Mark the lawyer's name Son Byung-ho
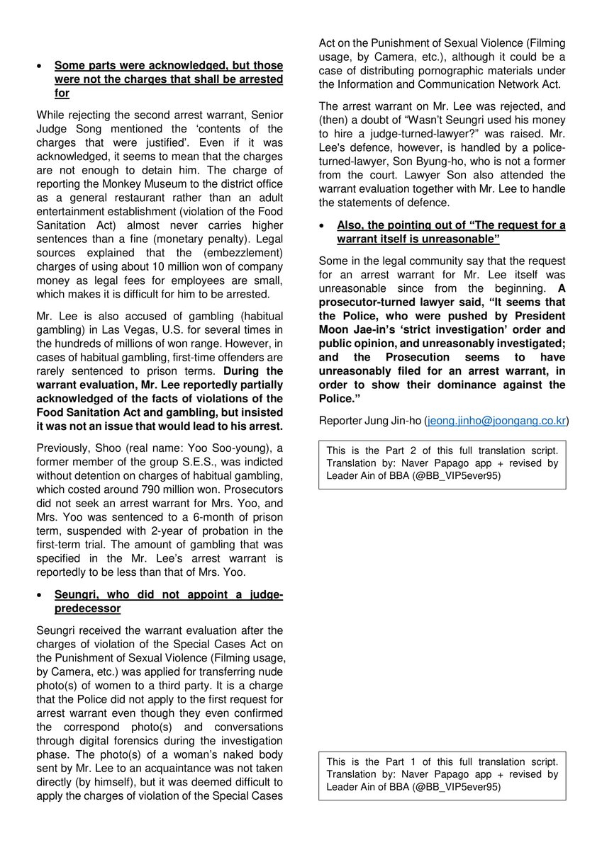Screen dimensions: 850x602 (386, 161)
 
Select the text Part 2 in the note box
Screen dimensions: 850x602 (399, 450)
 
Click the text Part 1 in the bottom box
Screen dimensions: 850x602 (399, 761)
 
